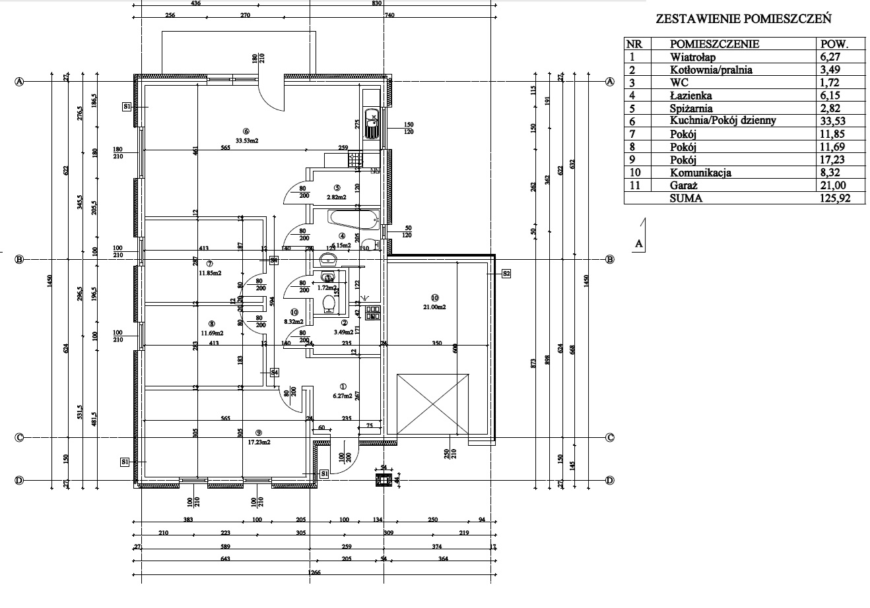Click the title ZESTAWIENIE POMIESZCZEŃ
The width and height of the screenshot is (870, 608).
pos(743,19)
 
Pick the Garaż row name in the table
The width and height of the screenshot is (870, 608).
pos(683,185)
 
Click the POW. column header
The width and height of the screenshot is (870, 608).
pos(832,44)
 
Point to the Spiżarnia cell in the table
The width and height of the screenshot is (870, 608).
pos(691,108)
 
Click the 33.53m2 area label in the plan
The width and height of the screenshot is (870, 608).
pos(247,139)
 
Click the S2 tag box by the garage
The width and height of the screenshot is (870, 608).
pos(506,273)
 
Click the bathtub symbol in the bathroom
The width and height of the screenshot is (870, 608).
pos(353,218)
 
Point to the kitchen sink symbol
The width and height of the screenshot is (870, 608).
pos(372,123)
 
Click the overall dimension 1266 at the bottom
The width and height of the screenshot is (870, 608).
pos(314,573)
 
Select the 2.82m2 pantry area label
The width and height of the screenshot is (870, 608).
pos(337,197)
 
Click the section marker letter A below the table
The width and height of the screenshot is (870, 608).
pos(638,243)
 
